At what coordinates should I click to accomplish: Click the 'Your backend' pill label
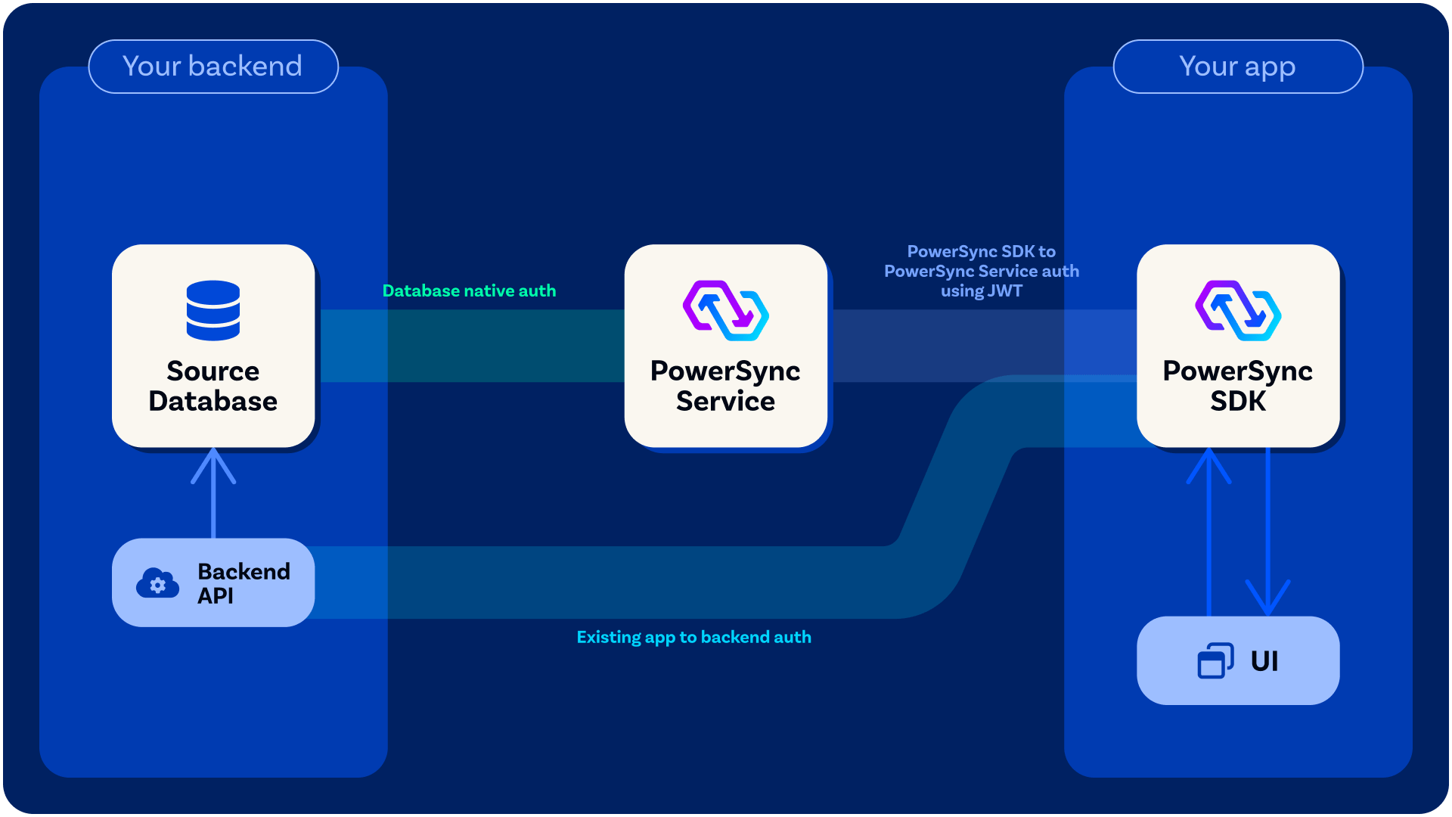[x=213, y=67]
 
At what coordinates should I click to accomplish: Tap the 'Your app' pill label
[x=1238, y=67]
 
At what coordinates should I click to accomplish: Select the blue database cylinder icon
[x=213, y=310]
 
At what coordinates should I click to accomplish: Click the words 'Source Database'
[x=213, y=386]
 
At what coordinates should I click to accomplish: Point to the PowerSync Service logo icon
[x=726, y=310]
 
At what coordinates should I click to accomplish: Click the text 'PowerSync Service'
[x=726, y=386]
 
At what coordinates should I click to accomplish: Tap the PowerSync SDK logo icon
[x=1238, y=310]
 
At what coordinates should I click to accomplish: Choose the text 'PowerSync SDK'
[x=1238, y=386]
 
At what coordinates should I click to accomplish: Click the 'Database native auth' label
[x=469, y=290]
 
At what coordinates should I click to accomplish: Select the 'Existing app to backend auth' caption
[x=694, y=637]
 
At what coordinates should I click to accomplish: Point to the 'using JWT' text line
[x=982, y=291]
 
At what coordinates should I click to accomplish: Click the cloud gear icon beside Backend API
[x=157, y=582]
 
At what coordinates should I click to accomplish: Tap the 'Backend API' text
[x=244, y=583]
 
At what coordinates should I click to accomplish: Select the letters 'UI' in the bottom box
[x=1264, y=661]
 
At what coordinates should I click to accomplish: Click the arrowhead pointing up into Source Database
[x=213, y=463]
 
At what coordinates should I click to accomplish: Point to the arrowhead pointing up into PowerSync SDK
[x=1208, y=463]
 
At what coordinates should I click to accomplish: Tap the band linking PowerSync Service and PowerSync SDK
[x=982, y=346]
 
